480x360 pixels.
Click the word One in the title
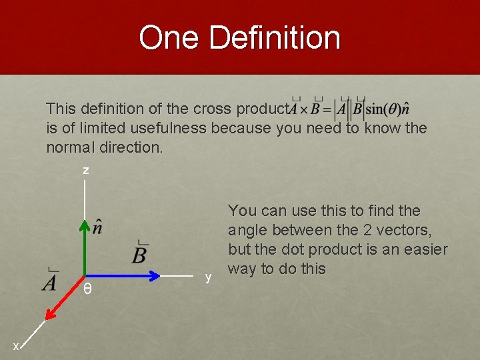tap(169, 37)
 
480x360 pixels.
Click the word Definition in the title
tap(275, 37)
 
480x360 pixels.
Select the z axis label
tap(85, 171)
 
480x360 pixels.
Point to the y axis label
tap(209, 276)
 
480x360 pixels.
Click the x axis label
tap(16, 347)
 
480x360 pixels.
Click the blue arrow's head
tap(157, 275)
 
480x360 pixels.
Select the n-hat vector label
tap(98, 227)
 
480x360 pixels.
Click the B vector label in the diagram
tap(140, 253)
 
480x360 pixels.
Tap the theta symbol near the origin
tap(87, 291)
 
